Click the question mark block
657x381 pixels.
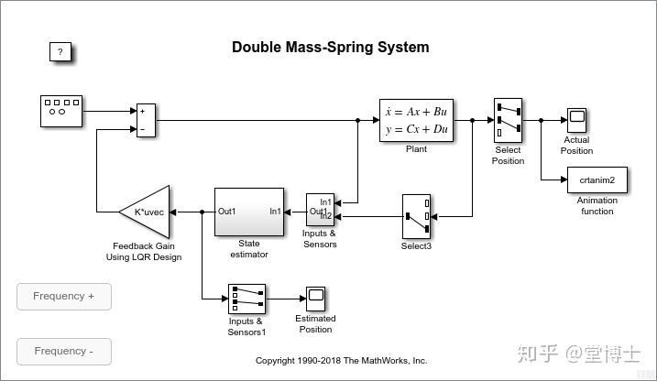60,52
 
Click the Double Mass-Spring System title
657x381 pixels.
330,48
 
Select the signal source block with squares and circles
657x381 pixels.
61,111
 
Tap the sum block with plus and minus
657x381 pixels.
147,120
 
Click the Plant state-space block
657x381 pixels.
416,120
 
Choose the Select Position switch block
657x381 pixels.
507,120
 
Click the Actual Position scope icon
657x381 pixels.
576,120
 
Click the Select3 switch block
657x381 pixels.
416,216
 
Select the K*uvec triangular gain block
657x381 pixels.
147,212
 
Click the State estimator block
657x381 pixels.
249,212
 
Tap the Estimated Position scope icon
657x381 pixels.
316,299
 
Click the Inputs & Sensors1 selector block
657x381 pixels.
246,299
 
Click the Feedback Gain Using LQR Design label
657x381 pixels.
144,252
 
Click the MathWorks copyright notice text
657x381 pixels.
341,361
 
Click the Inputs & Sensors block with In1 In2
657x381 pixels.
319,209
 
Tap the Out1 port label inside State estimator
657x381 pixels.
227,212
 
